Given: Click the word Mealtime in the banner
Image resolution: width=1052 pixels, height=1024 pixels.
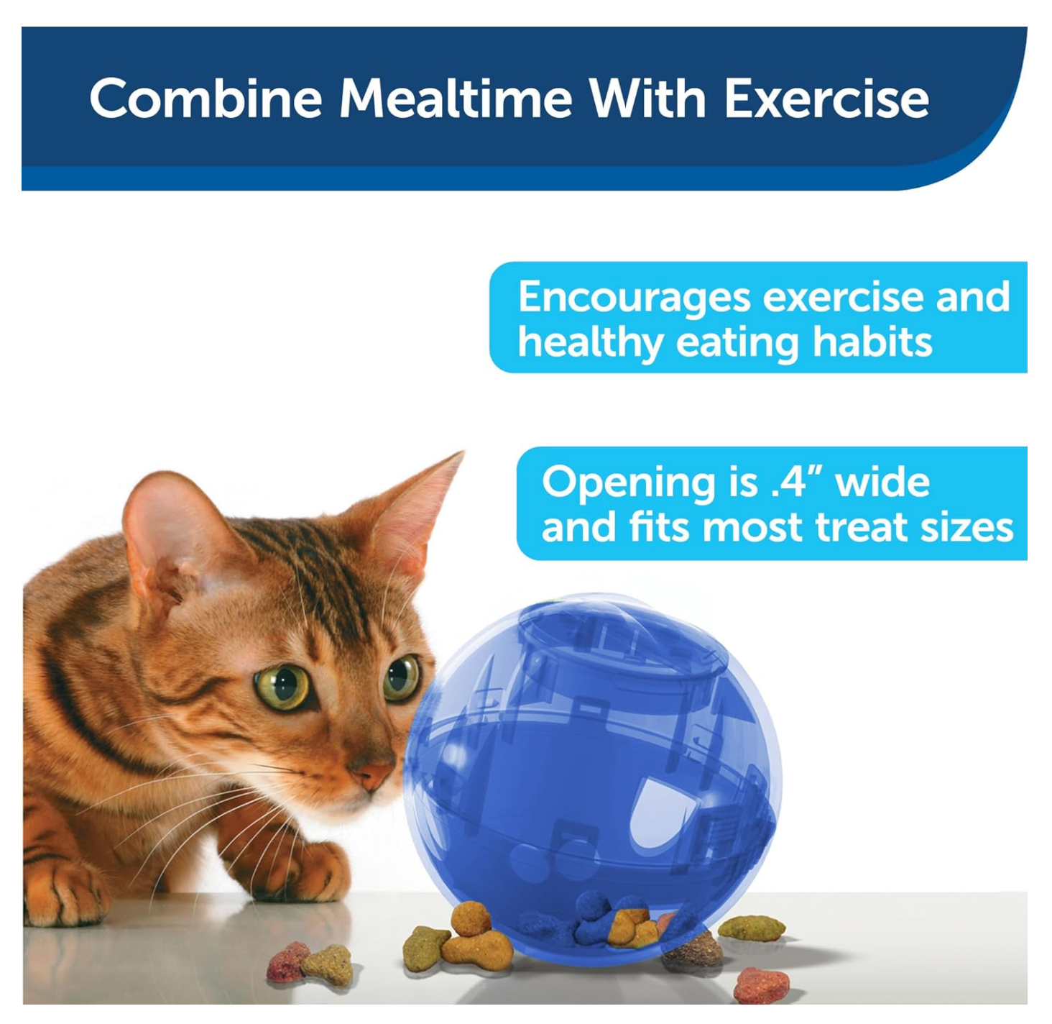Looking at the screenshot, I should pyautogui.click(x=456, y=99).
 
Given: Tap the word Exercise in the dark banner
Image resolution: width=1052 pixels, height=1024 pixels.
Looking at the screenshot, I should pyautogui.click(x=826, y=99).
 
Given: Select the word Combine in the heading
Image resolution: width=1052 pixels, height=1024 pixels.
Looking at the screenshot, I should pyautogui.click(x=206, y=99).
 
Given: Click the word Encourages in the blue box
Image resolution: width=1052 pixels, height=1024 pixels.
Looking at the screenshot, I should pyautogui.click(x=634, y=297).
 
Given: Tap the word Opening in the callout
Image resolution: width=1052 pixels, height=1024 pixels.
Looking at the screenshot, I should pyautogui.click(x=629, y=483).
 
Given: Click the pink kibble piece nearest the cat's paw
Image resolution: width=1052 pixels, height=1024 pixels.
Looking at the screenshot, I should pyautogui.click(x=287, y=962).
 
